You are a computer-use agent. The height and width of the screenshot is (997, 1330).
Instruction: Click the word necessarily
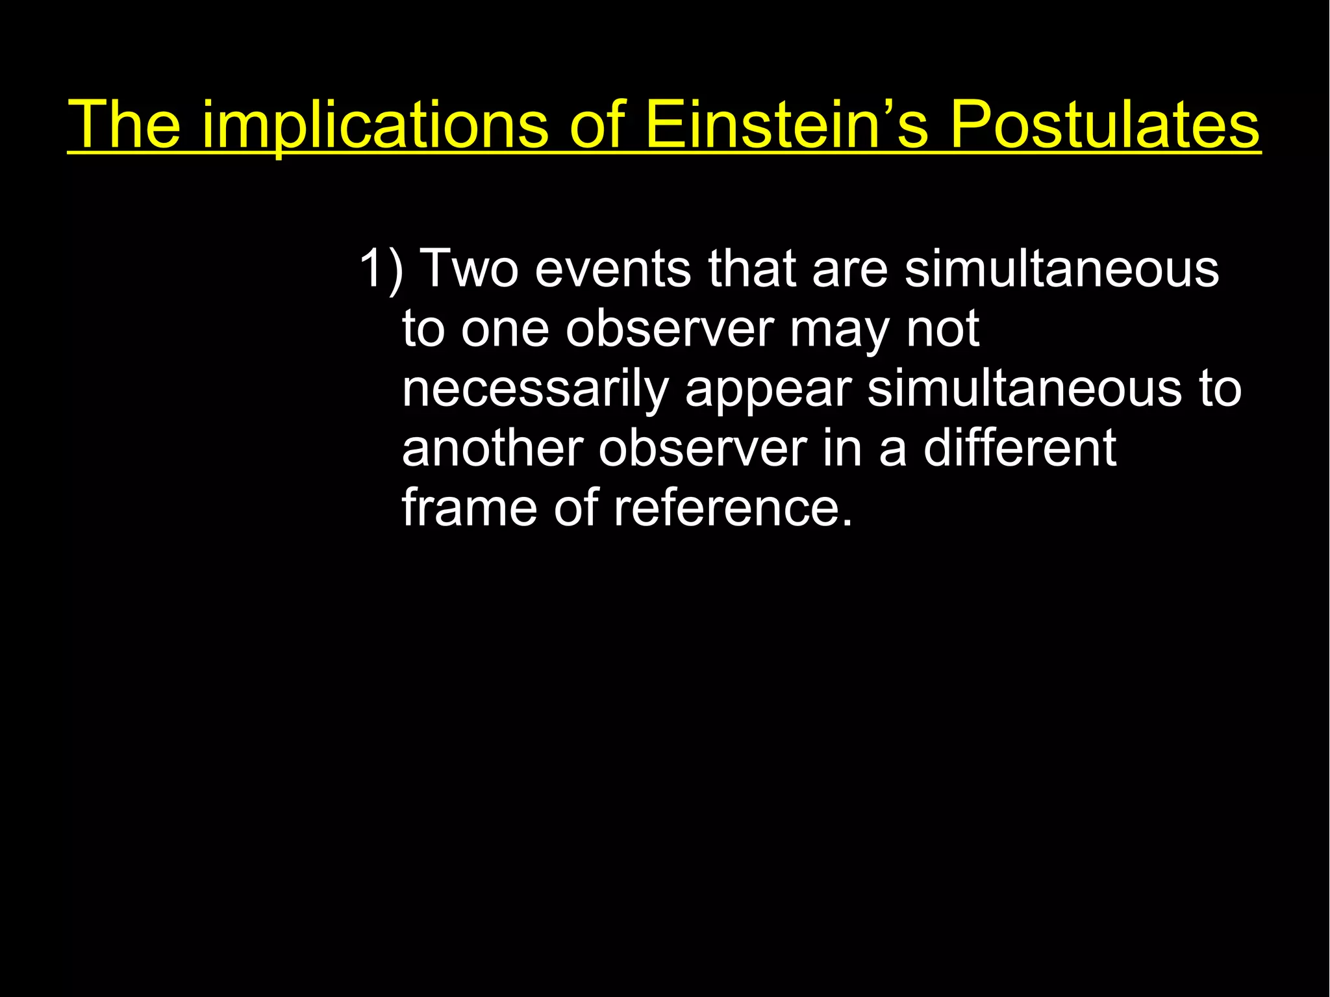coord(534,390)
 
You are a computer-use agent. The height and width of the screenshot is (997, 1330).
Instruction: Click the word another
coord(492,448)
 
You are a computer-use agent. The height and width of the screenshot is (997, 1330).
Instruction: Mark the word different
coord(1020,448)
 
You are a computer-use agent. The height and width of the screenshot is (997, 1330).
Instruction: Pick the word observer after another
coord(702,448)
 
